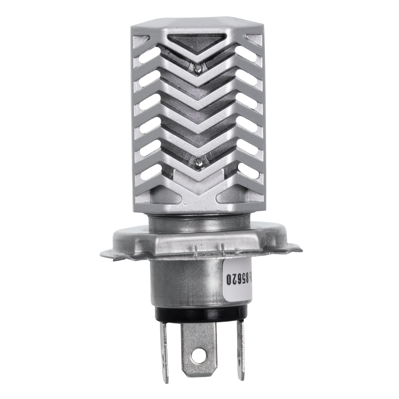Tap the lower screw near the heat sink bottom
pos(198,163)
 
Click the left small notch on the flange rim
pos(196,249)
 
